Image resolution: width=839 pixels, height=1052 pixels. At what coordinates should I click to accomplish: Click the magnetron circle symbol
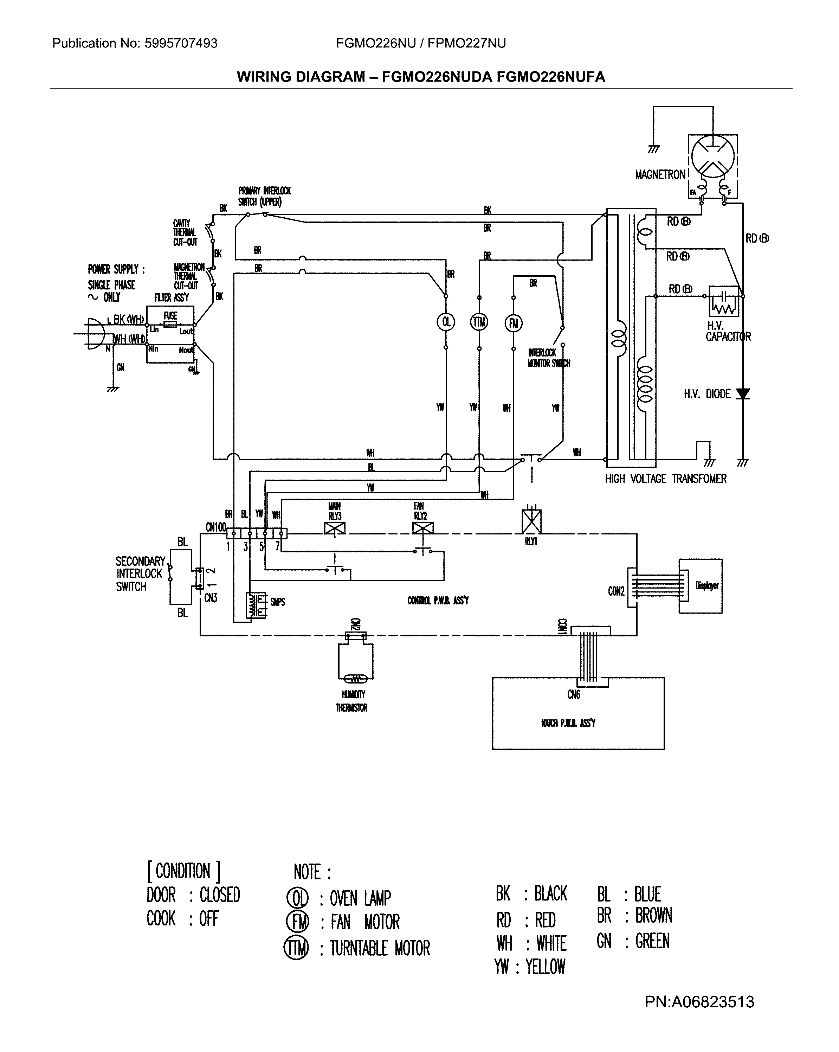pyautogui.click(x=713, y=155)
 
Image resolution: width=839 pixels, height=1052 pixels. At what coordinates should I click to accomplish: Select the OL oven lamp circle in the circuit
pyautogui.click(x=445, y=322)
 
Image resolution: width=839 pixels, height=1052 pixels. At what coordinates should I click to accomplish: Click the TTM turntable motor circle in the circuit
pyautogui.click(x=479, y=322)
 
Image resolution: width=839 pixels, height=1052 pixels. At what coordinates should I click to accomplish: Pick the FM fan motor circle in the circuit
pyautogui.click(x=513, y=323)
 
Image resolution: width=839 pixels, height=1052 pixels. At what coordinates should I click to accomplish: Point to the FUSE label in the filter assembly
pyautogui.click(x=170, y=315)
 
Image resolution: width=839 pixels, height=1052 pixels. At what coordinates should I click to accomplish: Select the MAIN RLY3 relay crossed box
pyautogui.click(x=335, y=528)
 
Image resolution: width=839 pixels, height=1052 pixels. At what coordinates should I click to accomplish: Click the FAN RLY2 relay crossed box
pyautogui.click(x=422, y=528)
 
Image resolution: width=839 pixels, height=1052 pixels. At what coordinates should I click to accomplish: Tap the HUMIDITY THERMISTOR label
pyautogui.click(x=352, y=701)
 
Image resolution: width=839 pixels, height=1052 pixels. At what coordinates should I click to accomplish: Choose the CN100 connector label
pyautogui.click(x=215, y=527)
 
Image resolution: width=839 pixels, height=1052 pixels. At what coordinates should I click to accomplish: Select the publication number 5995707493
pyautogui.click(x=181, y=44)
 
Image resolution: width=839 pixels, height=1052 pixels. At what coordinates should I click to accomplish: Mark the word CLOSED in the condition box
pyautogui.click(x=220, y=895)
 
